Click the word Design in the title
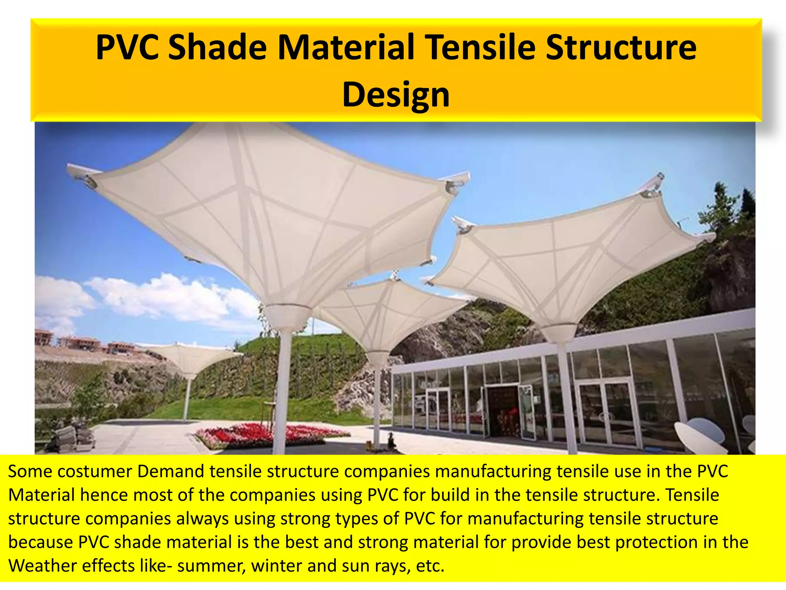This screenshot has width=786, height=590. (396, 95)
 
